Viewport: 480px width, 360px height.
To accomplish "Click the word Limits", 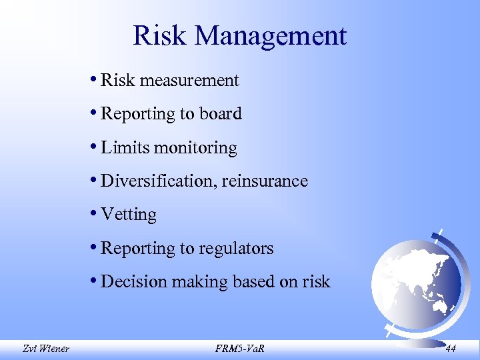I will point(125,147).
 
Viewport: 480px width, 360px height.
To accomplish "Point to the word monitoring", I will point(195,148).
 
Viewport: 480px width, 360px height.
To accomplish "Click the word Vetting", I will point(129,215).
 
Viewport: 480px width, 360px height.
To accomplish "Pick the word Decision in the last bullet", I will point(134,281).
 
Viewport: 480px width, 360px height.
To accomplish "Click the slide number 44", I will point(451,347).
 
